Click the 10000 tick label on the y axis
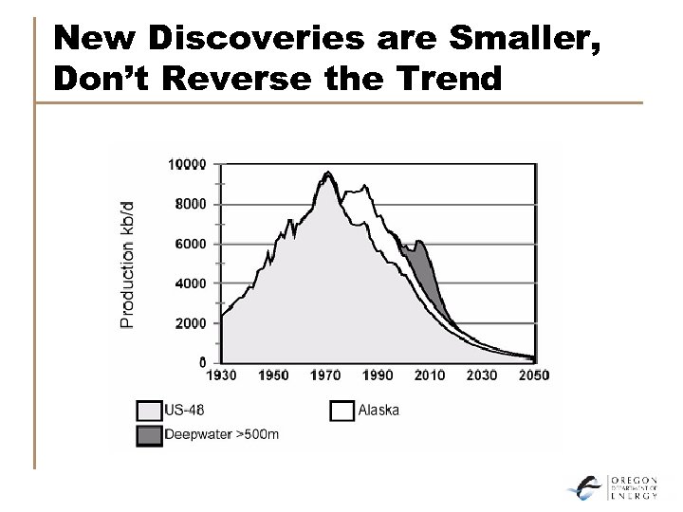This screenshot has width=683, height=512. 187,164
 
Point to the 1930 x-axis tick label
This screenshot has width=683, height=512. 222,375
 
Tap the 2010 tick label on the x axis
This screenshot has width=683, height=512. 430,375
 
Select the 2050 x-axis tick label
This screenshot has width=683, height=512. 533,375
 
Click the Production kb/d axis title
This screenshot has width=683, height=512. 128,264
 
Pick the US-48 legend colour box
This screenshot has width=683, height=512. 149,411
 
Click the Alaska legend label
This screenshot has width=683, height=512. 379,411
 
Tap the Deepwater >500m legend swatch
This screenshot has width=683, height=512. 149,435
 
